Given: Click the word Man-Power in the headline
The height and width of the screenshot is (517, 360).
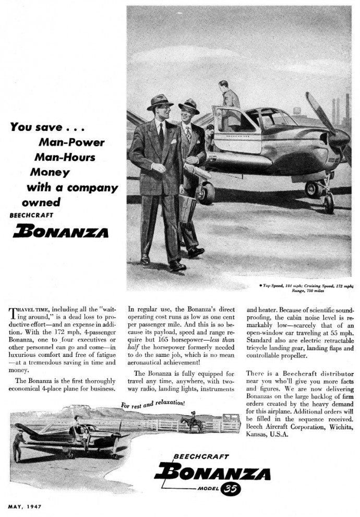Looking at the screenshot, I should pyautogui.click(x=71, y=142).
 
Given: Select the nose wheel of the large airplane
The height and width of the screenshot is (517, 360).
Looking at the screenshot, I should pyautogui.click(x=329, y=202).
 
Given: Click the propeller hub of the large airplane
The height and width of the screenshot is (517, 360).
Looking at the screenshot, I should pyautogui.click(x=340, y=139).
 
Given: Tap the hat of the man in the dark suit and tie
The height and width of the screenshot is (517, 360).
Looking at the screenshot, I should pyautogui.click(x=160, y=101).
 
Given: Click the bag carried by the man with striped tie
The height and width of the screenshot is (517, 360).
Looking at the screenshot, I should pyautogui.click(x=187, y=209).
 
